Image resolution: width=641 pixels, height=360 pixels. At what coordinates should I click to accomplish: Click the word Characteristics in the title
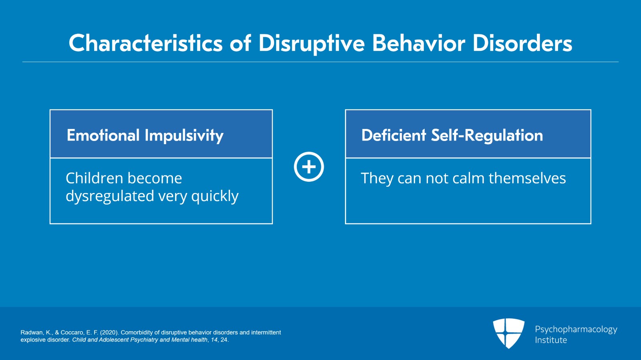point(146,43)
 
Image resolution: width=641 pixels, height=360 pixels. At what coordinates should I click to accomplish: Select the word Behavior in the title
point(419,43)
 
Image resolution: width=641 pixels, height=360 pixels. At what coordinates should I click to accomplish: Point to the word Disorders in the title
point(522,43)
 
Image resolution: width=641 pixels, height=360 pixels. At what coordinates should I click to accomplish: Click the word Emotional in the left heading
point(103,135)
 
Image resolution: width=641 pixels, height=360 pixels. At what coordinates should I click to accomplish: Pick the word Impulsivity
point(184,135)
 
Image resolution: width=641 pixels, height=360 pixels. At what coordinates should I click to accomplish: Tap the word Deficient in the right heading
point(394,135)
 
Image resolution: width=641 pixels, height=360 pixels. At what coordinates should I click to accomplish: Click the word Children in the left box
point(95,178)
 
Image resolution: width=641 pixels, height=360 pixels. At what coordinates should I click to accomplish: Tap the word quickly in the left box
point(215,197)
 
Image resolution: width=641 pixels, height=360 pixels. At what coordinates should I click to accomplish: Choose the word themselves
point(527,178)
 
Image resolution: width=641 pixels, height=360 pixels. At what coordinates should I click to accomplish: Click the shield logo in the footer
point(508,334)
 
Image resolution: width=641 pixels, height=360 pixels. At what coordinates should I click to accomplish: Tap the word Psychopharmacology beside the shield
point(576,330)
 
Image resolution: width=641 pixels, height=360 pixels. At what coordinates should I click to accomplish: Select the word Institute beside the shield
point(551,340)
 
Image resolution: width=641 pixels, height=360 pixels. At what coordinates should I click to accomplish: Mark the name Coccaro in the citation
point(72,332)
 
